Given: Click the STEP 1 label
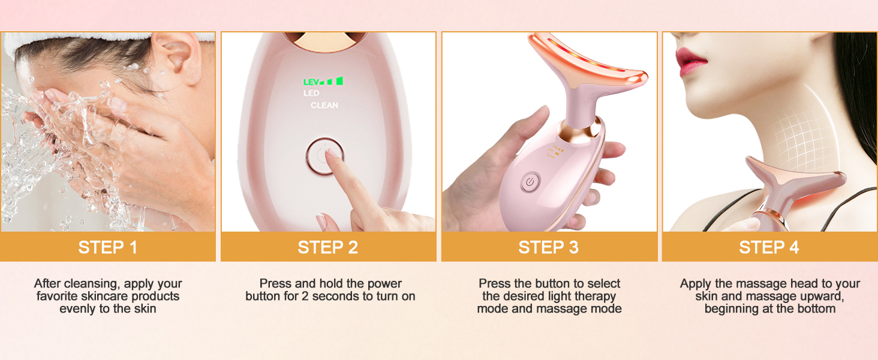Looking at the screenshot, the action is (108, 247).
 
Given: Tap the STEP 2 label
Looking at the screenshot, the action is (327, 247).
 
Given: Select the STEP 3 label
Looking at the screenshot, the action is (548, 247).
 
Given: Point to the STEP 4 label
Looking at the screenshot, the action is (769, 247).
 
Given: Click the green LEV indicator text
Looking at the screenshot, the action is (311, 82).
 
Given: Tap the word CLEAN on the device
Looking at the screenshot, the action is (324, 105).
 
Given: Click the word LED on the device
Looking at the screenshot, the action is (311, 94).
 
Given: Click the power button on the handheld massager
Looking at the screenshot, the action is (530, 182).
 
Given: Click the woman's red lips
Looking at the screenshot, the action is (691, 61).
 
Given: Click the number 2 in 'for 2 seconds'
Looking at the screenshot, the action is (305, 296).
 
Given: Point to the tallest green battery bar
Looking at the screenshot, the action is (339, 81).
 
